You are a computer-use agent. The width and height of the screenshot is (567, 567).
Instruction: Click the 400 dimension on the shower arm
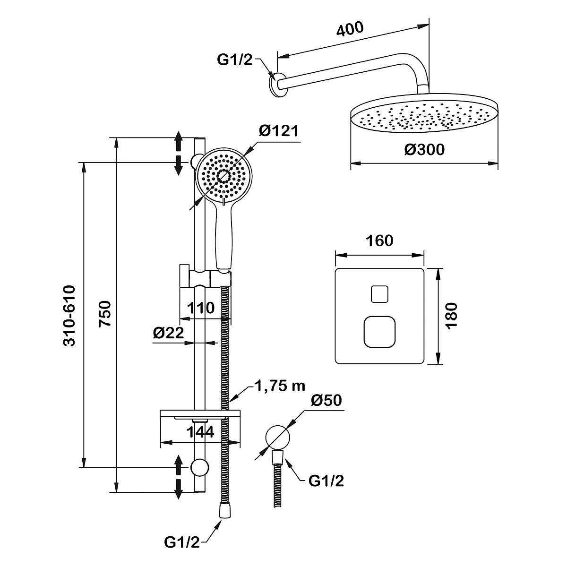click(x=350, y=29)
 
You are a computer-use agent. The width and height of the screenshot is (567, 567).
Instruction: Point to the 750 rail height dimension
click(x=105, y=313)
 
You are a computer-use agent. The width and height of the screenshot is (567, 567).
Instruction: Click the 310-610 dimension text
click(x=69, y=315)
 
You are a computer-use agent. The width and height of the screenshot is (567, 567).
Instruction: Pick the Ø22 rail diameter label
click(x=168, y=333)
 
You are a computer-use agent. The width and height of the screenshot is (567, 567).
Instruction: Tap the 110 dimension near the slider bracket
click(x=201, y=308)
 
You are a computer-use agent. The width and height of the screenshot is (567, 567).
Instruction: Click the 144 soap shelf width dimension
click(x=200, y=431)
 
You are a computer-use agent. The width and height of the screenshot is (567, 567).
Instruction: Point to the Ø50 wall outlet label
click(x=326, y=401)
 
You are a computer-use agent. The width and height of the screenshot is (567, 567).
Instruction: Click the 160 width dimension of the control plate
click(x=379, y=241)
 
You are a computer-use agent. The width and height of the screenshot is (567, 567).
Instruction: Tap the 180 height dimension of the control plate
click(x=452, y=316)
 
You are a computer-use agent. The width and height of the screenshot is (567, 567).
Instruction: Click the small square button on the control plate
click(x=379, y=294)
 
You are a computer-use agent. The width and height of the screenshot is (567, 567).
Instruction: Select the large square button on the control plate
click(x=379, y=331)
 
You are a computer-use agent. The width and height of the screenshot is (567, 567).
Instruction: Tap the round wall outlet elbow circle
click(x=277, y=436)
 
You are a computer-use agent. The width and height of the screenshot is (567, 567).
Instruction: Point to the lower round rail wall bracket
click(x=199, y=467)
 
